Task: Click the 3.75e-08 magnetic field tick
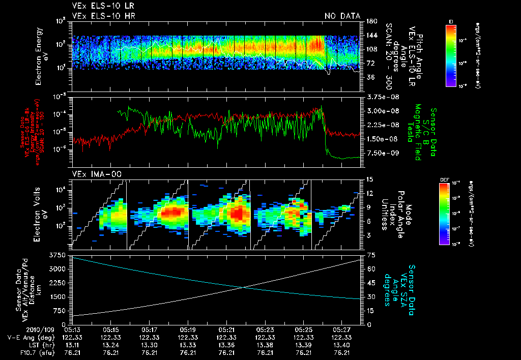pos(379,97)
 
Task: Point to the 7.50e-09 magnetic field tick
pos(379,153)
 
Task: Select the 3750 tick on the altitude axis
pos(60,254)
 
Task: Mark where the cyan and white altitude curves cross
pos(244,288)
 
